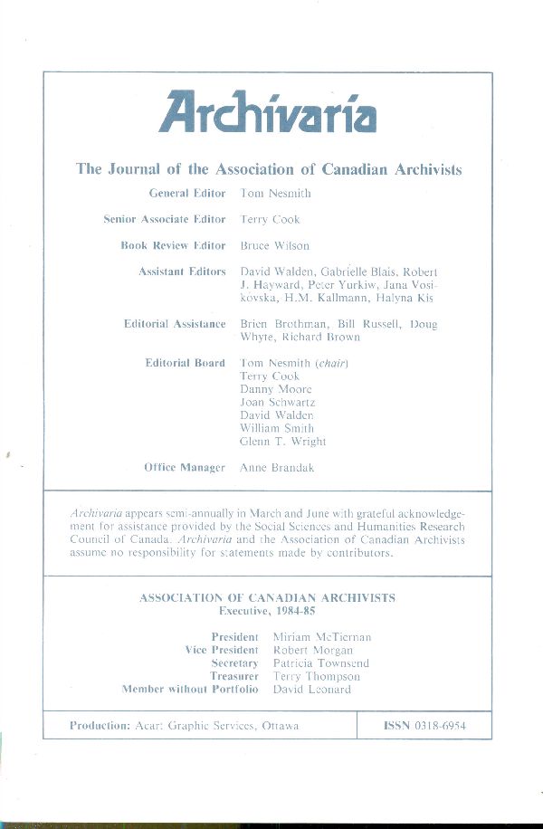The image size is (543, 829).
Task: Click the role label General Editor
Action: pyautogui.click(x=186, y=194)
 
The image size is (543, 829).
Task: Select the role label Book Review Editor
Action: pyautogui.click(x=173, y=245)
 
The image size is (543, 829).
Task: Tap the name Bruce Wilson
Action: pyautogui.click(x=275, y=245)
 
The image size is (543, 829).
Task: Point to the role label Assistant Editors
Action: pyautogui.click(x=182, y=272)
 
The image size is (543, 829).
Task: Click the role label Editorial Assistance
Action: pyautogui.click(x=175, y=323)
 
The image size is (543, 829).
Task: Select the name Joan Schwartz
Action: pyautogui.click(x=278, y=402)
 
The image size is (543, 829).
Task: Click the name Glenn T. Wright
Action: pyautogui.click(x=283, y=441)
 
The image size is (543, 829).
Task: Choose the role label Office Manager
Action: pyautogui.click(x=184, y=467)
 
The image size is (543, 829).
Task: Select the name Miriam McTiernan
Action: pyautogui.click(x=322, y=637)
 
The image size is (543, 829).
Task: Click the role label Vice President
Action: pyautogui.click(x=222, y=650)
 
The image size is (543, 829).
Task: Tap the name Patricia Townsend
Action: pyautogui.click(x=321, y=663)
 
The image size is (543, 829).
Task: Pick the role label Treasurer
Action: pyautogui.click(x=233, y=676)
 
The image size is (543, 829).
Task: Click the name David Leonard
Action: pyautogui.click(x=311, y=689)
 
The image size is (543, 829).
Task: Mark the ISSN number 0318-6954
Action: pyautogui.click(x=439, y=726)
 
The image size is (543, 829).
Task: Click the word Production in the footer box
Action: pyautogui.click(x=99, y=726)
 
